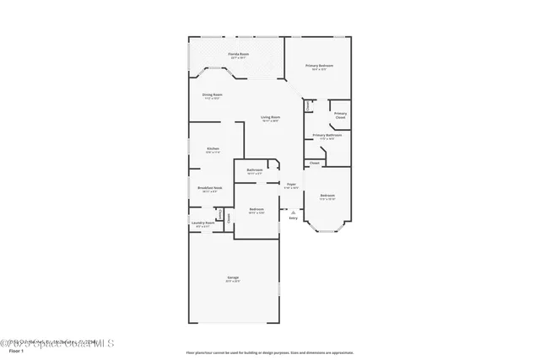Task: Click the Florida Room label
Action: (237, 54)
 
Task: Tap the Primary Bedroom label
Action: (317, 65)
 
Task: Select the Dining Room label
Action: (212, 94)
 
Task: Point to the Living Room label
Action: (270, 117)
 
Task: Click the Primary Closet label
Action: (340, 116)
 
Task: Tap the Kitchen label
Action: (213, 149)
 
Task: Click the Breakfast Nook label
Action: (209, 188)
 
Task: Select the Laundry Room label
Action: (203, 223)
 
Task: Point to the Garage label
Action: (232, 278)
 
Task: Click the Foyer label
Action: (290, 184)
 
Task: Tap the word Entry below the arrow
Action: (293, 218)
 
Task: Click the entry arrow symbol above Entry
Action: (293, 211)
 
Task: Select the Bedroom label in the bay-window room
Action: (327, 196)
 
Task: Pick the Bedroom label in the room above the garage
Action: (256, 209)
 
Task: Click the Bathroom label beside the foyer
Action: (255, 170)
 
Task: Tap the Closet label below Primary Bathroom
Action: (314, 163)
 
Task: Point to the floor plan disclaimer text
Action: (269, 352)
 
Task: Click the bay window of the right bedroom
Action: (327, 228)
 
